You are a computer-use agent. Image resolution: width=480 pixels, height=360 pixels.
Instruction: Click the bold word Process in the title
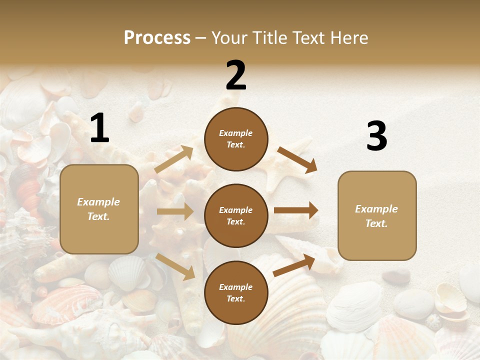[x=157, y=38]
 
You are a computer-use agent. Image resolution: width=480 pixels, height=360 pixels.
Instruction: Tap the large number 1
[x=99, y=128]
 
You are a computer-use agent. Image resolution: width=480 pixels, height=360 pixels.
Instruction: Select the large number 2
[x=236, y=76]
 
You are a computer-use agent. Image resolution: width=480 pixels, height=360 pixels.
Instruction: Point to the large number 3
[x=376, y=136]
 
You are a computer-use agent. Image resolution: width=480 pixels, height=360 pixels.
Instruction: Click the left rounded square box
[x=99, y=209]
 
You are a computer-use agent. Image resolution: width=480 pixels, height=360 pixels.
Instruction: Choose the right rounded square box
[x=377, y=216]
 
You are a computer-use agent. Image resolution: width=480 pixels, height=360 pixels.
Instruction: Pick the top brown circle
[x=236, y=139]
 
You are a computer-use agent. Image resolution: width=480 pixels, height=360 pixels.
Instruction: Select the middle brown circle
[x=236, y=216]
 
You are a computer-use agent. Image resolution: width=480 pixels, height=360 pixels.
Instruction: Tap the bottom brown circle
[x=236, y=293]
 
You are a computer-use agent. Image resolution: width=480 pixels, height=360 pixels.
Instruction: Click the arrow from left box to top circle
[x=174, y=159]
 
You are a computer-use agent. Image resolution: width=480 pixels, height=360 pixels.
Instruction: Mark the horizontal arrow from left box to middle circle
[x=175, y=211]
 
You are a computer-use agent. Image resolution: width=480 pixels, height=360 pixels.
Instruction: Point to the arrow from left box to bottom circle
[x=175, y=266]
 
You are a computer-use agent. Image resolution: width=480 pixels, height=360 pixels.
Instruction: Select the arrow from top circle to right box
[x=297, y=159]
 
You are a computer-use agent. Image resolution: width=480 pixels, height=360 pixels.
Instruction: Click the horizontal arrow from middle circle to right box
[x=296, y=210]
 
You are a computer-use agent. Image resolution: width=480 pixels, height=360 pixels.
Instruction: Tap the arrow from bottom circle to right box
[x=294, y=265]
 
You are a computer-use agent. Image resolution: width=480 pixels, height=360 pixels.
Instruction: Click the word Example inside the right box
[x=376, y=209]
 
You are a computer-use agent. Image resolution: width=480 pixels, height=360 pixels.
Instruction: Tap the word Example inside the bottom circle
[x=236, y=287]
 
